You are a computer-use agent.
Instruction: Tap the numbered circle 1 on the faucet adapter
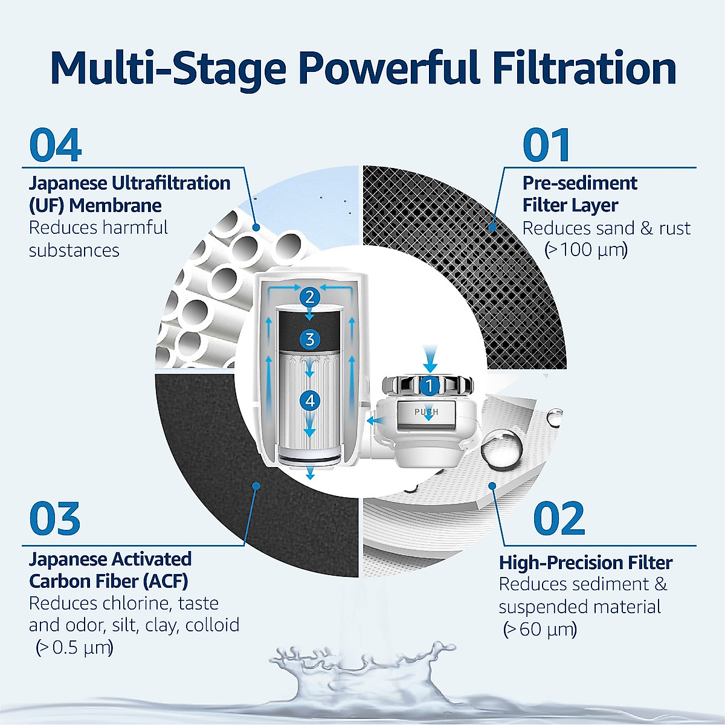click(x=430, y=385)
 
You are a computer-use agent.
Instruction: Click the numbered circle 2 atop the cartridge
click(x=310, y=297)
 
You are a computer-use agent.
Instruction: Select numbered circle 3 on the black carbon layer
click(x=310, y=339)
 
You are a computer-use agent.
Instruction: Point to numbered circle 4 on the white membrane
click(x=310, y=400)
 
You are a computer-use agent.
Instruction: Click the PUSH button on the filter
click(x=426, y=412)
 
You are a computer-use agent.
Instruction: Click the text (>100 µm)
click(x=586, y=250)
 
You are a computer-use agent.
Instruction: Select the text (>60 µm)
click(x=540, y=630)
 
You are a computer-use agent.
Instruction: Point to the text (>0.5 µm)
click(x=74, y=648)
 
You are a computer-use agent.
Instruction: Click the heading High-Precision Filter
click(x=585, y=562)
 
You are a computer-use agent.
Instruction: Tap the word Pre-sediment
click(x=579, y=183)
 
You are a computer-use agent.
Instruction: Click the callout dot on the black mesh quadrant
click(x=492, y=228)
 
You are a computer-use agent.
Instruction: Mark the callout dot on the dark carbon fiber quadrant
click(x=256, y=485)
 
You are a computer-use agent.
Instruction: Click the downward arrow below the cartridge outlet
click(x=310, y=473)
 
